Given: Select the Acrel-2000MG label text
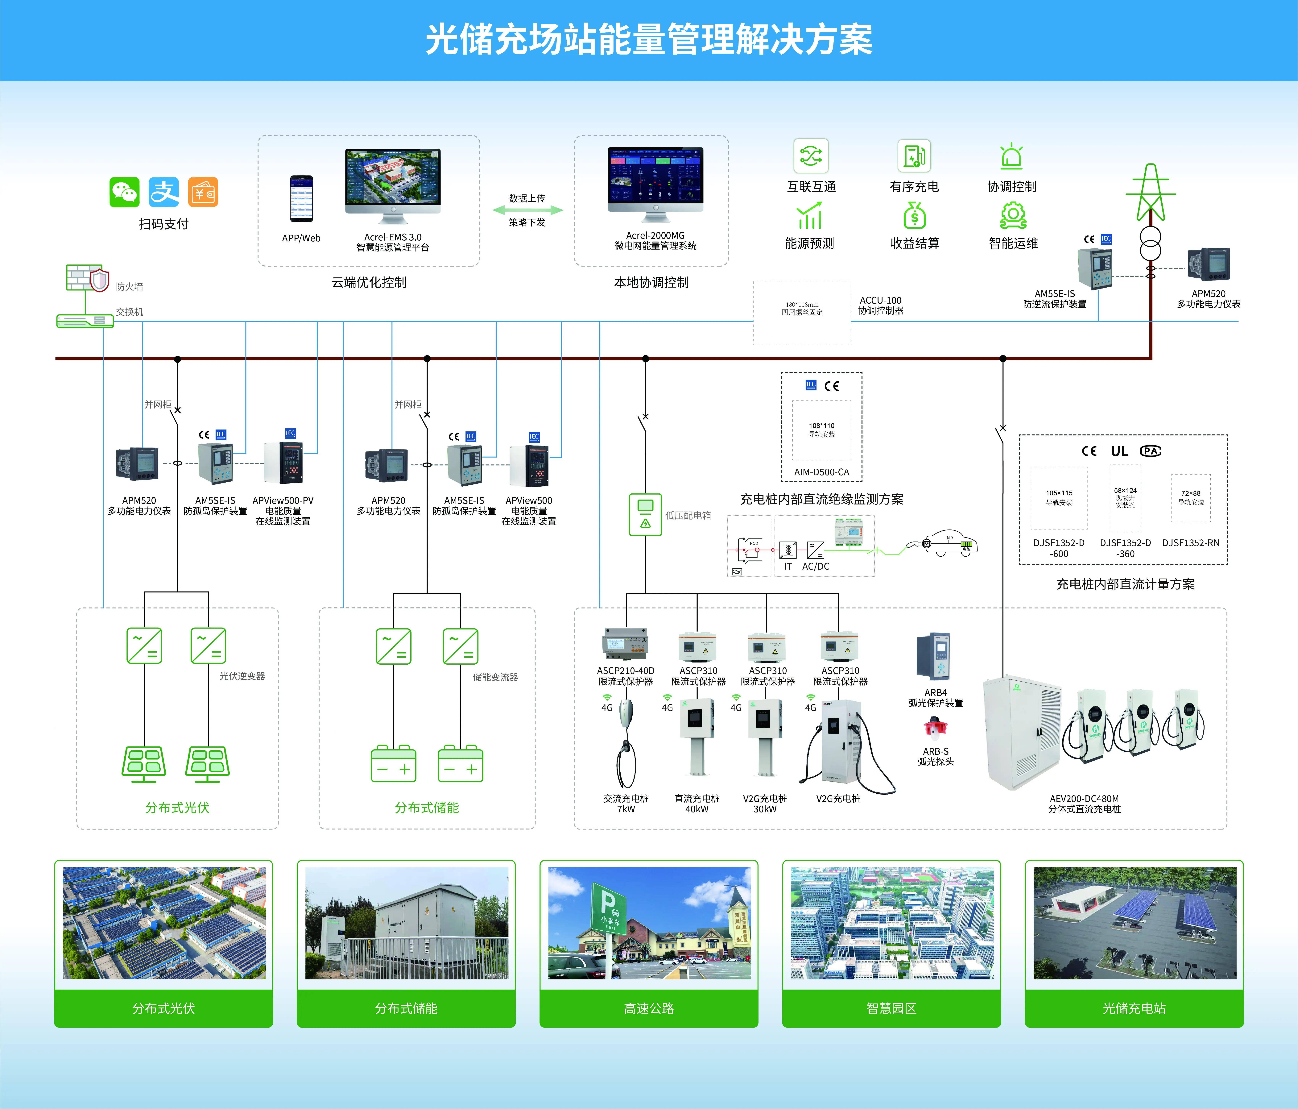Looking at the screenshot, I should point(655,236).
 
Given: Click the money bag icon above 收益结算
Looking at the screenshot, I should point(915,216).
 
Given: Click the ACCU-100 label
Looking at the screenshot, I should point(880,301).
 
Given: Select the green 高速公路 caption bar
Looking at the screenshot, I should point(648,1008).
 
